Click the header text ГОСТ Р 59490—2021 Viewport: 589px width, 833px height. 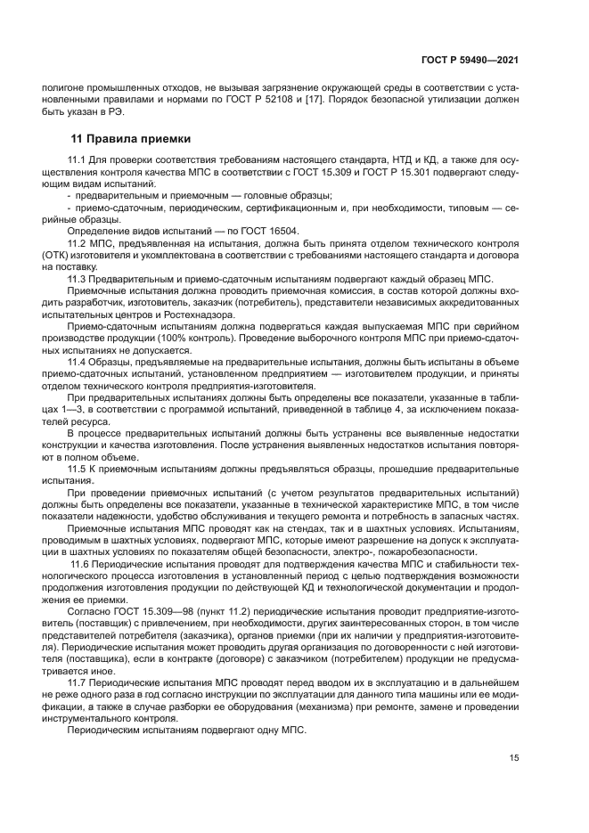(x=470, y=61)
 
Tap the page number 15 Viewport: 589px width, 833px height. (x=514, y=757)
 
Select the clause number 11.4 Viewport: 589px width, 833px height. (x=78, y=364)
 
